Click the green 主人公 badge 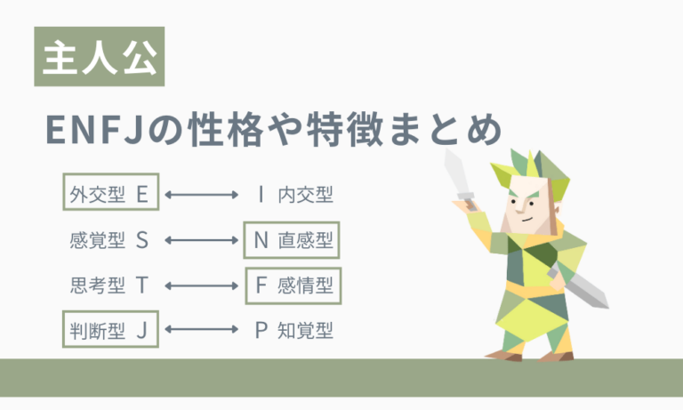(99, 58)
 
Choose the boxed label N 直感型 (293, 240)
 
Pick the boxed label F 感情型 (293, 285)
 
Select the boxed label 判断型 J (109, 331)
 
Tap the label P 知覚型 (293, 331)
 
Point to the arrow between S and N (202, 240)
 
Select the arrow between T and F (202, 285)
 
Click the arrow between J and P (202, 331)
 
